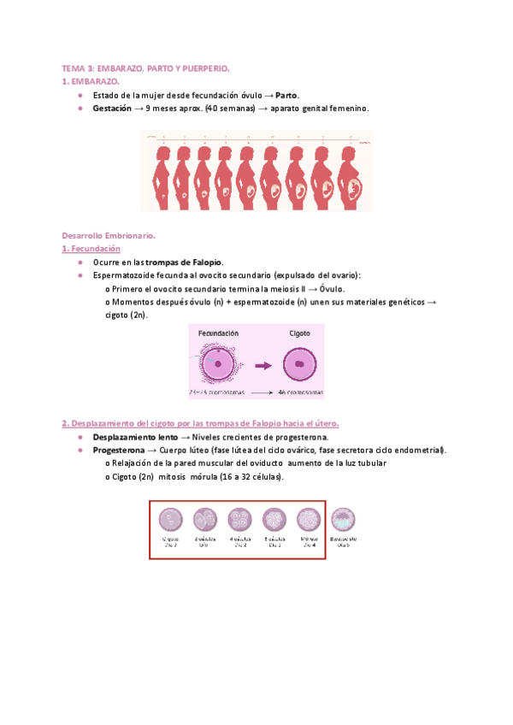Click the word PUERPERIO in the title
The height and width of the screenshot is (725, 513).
(208, 67)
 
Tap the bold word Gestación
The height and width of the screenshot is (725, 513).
(112, 109)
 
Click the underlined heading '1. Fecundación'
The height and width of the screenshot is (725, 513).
(91, 248)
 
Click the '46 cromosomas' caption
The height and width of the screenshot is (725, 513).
(299, 392)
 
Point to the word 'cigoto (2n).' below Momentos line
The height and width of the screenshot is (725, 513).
(126, 315)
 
